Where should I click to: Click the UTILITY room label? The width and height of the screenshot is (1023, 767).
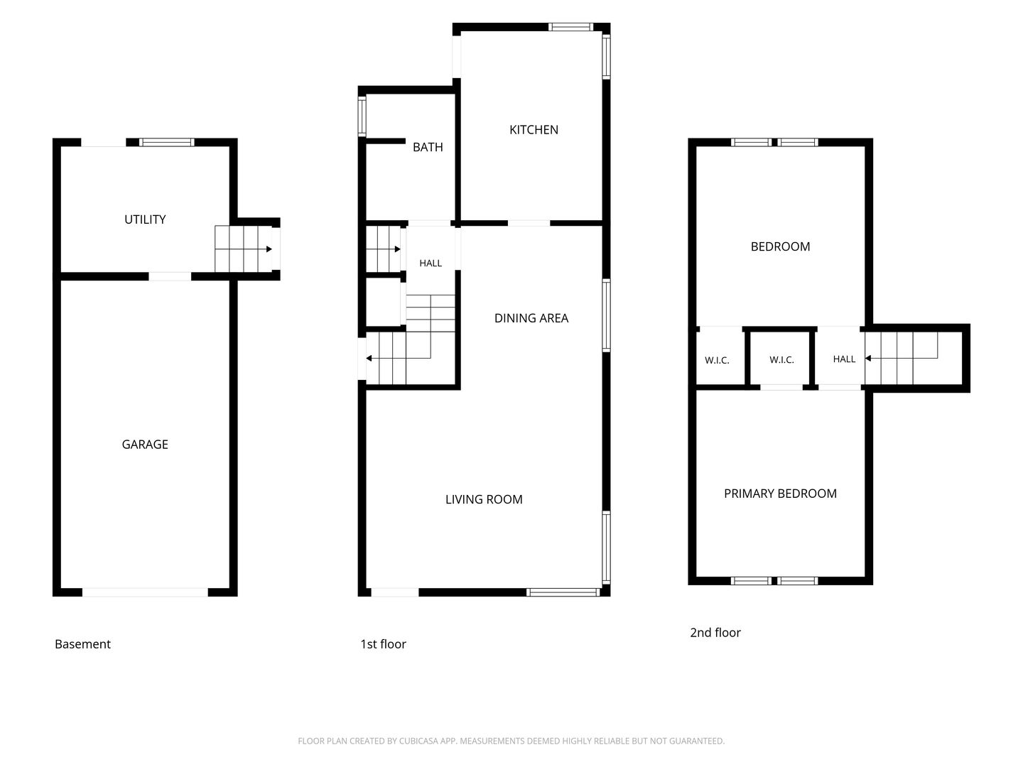point(145,219)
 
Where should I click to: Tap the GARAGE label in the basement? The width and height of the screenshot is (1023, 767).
point(145,445)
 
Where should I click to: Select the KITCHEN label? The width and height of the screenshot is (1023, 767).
point(534,130)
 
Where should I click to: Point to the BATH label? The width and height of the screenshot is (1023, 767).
point(428,147)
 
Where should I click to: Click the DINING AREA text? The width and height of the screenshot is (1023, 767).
point(531,318)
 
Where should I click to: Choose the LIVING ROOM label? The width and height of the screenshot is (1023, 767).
point(484,500)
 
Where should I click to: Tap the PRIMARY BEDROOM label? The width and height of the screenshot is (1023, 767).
point(780,494)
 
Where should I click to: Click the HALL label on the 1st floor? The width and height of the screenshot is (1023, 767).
point(431,263)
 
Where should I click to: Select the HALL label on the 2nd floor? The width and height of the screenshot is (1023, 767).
point(844,359)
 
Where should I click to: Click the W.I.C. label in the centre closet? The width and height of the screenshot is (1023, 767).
point(781,359)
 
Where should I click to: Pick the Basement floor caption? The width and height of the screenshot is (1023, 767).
point(82,644)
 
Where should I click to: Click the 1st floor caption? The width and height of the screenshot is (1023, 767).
point(383,644)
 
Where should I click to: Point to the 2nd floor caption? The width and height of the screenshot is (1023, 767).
point(715,632)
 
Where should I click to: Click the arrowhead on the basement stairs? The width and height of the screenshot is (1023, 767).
point(269,249)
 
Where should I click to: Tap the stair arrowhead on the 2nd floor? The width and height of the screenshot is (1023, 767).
point(868,358)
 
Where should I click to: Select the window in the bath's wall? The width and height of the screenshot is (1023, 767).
point(362,116)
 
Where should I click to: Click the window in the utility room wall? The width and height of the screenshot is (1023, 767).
point(167,142)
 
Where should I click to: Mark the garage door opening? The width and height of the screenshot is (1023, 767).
point(145,592)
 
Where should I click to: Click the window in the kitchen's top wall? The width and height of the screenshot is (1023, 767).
point(570,26)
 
